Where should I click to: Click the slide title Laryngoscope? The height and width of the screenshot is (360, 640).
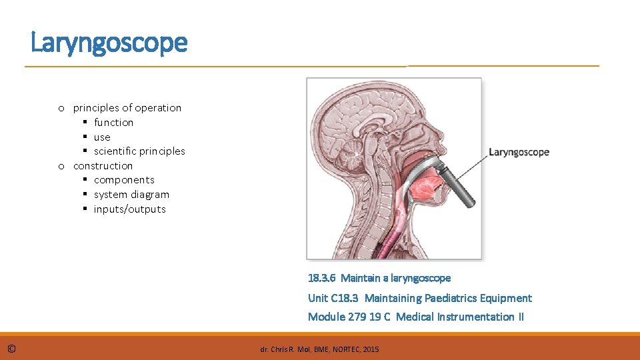pos(109,43)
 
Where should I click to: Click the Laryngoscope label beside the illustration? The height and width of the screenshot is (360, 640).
pos(519,152)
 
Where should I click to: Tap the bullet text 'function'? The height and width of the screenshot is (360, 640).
pos(113,123)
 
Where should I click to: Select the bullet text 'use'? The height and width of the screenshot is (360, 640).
pos(102,137)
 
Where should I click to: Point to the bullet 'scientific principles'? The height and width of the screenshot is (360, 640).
pos(139,151)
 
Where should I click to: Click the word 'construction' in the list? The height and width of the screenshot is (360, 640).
pos(103,166)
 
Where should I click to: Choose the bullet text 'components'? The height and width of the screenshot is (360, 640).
pos(124,180)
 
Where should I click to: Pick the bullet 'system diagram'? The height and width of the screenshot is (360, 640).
pos(131,195)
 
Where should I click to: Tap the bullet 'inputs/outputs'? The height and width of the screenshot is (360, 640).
pos(129,209)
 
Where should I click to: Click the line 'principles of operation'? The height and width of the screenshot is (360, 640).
pos(127,108)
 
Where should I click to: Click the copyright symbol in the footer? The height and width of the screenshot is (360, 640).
pos(12,349)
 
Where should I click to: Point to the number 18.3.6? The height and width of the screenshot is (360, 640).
pos(322,278)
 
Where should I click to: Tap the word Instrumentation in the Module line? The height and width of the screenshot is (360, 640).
pos(475,317)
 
